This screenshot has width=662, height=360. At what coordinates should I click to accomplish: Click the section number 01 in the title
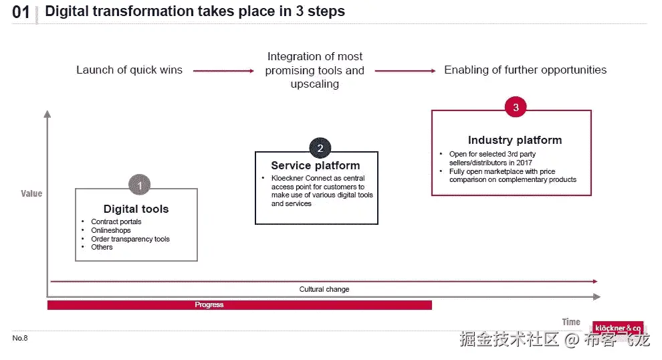(x=21, y=13)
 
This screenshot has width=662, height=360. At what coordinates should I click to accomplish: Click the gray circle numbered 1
(x=139, y=185)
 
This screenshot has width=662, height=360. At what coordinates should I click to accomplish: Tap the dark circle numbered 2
(x=320, y=149)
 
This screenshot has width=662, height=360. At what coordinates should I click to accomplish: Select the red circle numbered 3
(x=516, y=106)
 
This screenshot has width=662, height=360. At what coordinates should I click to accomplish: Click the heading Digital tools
(x=136, y=209)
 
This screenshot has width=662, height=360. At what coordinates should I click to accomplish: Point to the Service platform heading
(x=315, y=165)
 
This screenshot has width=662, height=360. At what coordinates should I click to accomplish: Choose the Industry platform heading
(x=514, y=140)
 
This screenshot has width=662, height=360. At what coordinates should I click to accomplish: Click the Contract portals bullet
(x=116, y=221)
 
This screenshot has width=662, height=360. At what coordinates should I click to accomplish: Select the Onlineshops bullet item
(x=111, y=230)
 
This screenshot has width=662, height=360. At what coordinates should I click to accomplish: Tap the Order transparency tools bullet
(x=130, y=239)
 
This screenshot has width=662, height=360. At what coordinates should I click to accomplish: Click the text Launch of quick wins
(x=129, y=70)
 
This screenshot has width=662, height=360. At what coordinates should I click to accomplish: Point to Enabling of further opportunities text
(x=526, y=70)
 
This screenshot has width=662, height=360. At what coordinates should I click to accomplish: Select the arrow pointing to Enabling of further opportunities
(x=406, y=70)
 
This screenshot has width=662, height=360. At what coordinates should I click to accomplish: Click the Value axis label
(x=31, y=193)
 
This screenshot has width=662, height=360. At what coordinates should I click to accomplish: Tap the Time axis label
(x=570, y=322)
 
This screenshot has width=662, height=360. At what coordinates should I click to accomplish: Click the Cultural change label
(x=324, y=289)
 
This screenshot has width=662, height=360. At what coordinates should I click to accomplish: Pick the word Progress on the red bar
(x=209, y=304)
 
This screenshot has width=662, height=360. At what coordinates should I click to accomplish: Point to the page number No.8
(x=20, y=338)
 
